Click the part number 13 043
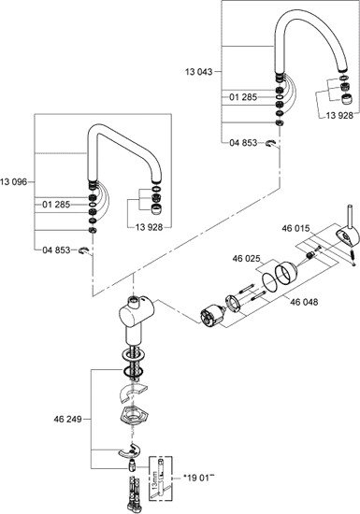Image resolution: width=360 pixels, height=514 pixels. (198, 71)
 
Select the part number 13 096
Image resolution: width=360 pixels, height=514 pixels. (14, 182)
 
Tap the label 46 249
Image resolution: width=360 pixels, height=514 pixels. (67, 419)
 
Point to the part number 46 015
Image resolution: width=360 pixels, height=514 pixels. (295, 228)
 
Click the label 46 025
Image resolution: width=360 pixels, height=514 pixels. (246, 259)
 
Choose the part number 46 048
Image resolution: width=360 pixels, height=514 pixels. (304, 302)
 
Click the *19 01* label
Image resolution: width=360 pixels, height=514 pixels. (198, 478)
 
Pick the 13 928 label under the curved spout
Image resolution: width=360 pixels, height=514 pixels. (339, 115)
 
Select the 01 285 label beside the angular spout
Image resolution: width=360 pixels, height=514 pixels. (56, 205)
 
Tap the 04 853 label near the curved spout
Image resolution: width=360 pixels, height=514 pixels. (243, 143)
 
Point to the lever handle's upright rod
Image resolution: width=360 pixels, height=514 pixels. (350, 218)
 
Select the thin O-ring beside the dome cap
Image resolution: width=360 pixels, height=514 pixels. (270, 281)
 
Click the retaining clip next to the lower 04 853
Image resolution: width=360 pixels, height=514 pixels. (82, 250)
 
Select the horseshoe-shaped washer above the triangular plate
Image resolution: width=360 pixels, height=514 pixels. (132, 392)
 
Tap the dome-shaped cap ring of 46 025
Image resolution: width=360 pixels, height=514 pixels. (286, 273)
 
